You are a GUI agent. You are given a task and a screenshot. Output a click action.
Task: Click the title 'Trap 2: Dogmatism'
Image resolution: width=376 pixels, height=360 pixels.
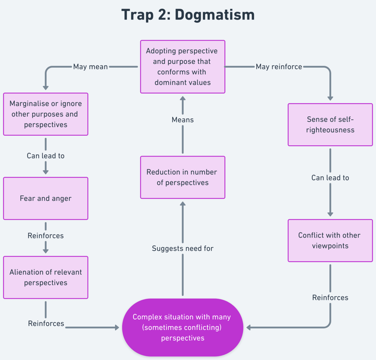click(188, 15)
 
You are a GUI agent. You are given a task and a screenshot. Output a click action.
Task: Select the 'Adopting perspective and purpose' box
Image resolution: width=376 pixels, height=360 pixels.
click(183, 67)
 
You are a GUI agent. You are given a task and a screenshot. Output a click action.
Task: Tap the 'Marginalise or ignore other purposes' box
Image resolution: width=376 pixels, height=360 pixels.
click(46, 114)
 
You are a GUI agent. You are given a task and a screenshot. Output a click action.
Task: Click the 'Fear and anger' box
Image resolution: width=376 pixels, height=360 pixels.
click(46, 198)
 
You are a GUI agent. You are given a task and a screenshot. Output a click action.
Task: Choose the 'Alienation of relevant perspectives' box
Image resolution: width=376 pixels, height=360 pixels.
click(46, 277)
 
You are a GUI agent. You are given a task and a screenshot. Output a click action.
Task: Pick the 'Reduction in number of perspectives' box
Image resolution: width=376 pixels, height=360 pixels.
click(183, 177)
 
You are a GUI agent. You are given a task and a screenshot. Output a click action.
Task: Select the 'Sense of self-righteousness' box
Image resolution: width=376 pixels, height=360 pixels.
click(330, 125)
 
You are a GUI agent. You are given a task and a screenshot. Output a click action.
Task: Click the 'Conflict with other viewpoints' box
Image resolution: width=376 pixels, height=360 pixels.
click(330, 240)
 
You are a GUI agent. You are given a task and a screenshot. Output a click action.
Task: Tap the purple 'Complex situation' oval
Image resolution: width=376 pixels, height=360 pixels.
click(183, 327)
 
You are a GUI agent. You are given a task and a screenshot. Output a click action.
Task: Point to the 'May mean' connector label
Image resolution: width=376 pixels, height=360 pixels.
click(91, 67)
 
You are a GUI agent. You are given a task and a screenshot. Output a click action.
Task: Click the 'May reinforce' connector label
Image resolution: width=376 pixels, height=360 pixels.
click(279, 67)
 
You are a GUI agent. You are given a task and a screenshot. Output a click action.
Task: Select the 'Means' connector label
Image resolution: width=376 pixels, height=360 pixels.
click(183, 120)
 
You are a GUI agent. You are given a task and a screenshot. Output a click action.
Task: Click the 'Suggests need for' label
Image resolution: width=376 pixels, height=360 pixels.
click(183, 248)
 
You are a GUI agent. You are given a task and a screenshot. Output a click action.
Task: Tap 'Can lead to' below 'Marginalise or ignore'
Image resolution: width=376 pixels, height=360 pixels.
click(46, 156)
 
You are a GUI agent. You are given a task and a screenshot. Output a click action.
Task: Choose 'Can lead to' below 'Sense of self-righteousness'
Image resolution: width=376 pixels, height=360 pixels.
click(330, 177)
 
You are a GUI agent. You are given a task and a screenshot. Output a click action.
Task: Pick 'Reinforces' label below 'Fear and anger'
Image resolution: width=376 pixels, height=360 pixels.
click(46, 235)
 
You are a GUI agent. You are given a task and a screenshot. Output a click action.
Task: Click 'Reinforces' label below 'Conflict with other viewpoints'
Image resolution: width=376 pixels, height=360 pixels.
click(330, 297)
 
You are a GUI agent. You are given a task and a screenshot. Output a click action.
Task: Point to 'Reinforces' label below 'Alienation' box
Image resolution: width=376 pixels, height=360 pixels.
click(46, 323)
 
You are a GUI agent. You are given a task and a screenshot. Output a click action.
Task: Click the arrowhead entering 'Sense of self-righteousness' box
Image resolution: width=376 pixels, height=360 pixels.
click(330, 98)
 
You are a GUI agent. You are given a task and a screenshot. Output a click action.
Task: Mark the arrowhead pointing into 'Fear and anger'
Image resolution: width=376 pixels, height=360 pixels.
click(46, 172)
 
